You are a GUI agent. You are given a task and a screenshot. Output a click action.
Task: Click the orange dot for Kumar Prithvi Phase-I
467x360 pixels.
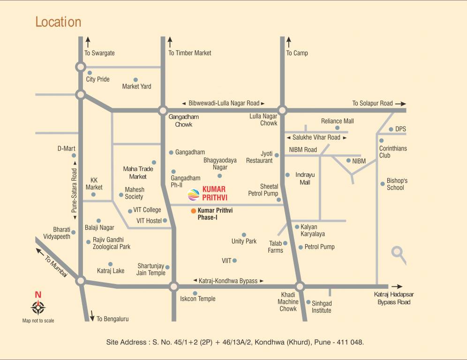coord(193,211)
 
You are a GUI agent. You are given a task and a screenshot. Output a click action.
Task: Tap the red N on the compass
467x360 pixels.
coord(38,295)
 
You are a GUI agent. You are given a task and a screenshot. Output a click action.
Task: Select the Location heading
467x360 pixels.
coord(58,22)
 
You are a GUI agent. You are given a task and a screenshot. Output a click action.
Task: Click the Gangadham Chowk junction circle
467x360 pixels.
coord(163,111)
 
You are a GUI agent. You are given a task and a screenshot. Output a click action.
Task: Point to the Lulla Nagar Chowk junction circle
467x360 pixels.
coord(282,110)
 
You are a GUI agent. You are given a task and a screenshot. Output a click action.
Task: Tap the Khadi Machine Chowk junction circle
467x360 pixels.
coord(300,286)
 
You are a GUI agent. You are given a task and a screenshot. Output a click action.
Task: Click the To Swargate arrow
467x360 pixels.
coord(88,41)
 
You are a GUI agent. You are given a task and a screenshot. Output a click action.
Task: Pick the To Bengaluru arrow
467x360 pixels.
coord(92,315)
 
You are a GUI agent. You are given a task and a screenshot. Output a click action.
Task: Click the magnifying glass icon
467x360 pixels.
coord(399,254)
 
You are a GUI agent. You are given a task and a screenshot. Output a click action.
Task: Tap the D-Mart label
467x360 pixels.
coord(66,149)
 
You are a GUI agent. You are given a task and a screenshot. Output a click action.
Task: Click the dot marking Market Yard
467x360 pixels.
coord(136,80)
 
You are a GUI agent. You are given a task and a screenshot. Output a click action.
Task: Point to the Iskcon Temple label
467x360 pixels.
coord(198,299)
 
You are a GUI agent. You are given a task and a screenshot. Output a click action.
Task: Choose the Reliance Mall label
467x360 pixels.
coord(337,121)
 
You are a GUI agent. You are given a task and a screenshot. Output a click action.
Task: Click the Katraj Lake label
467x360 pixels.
coord(111,270)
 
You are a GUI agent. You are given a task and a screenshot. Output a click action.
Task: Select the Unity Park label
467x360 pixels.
coord(244,241)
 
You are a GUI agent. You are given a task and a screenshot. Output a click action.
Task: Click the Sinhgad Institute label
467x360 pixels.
coord(322,307)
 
